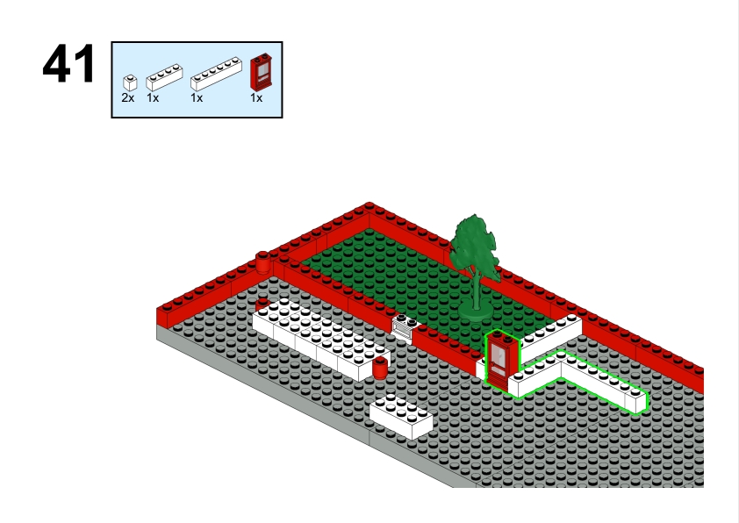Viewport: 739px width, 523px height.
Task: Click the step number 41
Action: (68, 64)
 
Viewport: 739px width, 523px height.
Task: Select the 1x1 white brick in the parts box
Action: (130, 83)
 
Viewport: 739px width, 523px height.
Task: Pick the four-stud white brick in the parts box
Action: (164, 77)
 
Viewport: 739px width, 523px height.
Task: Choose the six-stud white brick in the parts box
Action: (216, 74)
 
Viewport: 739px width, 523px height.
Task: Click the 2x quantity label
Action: (128, 98)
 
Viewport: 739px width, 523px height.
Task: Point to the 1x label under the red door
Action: (256, 98)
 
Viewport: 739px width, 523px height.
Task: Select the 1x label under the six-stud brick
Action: (197, 98)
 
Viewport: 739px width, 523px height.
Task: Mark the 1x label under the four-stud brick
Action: (153, 98)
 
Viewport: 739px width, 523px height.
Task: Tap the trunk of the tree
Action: (477, 291)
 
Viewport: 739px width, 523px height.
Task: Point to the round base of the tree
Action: (476, 311)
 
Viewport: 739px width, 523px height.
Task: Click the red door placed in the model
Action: (501, 360)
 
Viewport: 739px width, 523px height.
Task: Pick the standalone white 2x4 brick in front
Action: (401, 416)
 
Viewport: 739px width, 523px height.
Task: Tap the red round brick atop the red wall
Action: (263, 262)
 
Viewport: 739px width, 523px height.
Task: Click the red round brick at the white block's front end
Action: (380, 368)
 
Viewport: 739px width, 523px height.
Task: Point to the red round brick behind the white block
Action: (262, 304)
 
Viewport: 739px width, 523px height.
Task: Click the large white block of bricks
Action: (320, 337)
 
